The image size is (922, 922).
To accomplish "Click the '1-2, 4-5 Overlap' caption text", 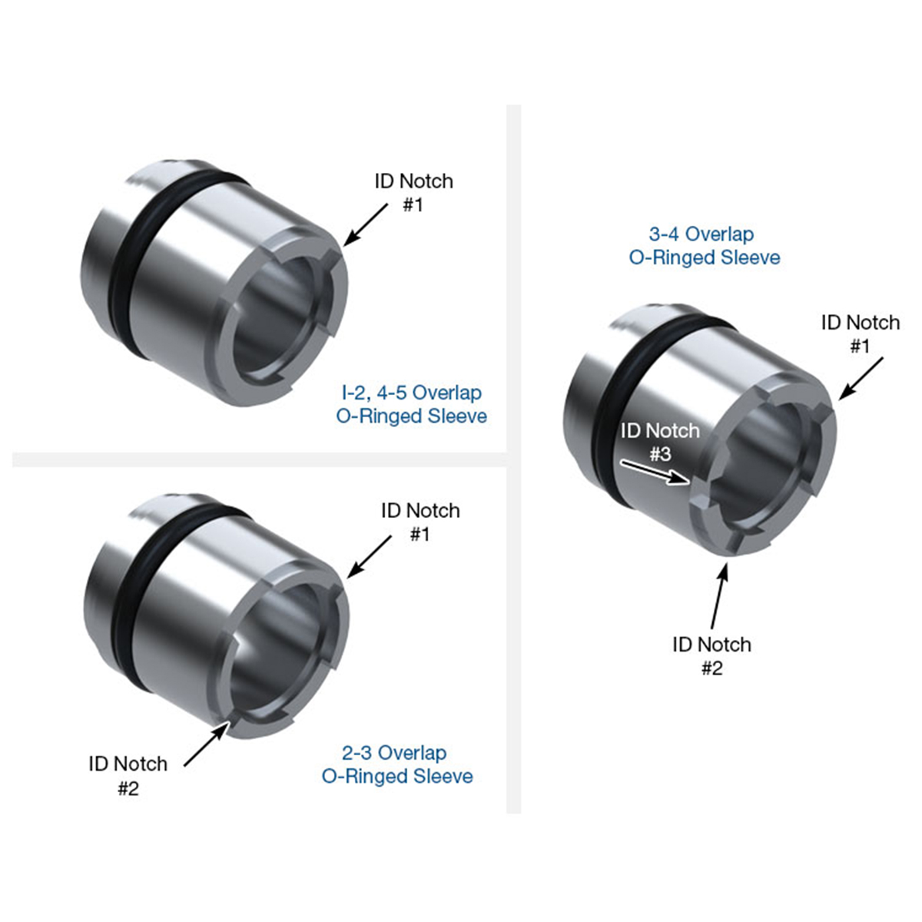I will (411, 393).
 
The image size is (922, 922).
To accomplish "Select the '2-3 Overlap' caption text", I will (393, 753).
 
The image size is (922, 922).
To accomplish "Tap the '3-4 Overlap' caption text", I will (701, 234).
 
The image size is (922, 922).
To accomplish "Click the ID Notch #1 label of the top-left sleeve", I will (413, 192).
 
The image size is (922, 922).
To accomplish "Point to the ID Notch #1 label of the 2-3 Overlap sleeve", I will (420, 522).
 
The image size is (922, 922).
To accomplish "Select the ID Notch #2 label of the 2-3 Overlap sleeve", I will (128, 775).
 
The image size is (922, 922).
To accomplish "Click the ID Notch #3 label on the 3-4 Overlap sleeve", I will (660, 442).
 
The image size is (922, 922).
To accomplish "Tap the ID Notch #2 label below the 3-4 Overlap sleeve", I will (711, 655).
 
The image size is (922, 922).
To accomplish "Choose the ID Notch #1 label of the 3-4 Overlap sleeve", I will (860, 333).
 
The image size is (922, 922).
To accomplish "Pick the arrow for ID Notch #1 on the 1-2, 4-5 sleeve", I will (365, 224).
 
